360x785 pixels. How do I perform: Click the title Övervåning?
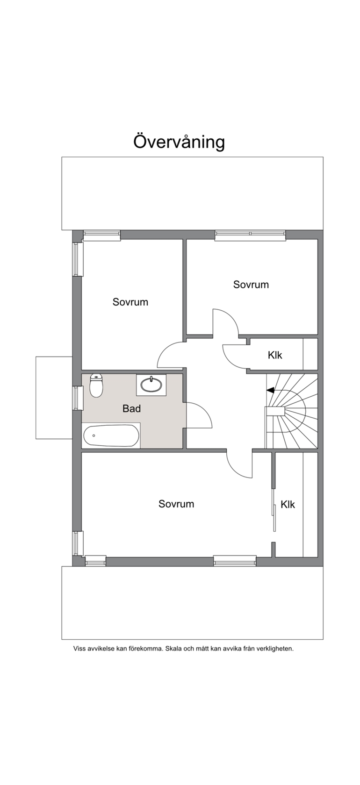click(x=179, y=142)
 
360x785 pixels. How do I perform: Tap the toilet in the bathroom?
click(x=96, y=385)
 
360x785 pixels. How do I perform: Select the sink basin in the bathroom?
click(x=151, y=385)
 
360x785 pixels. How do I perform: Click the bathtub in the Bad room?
click(x=111, y=435)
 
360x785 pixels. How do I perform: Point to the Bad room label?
click(x=132, y=408)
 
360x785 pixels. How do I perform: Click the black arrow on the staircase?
click(x=270, y=390)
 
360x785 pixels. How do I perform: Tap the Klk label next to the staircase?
click(x=275, y=355)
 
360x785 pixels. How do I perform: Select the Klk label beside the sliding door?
click(x=288, y=504)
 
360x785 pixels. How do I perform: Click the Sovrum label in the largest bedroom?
click(x=176, y=504)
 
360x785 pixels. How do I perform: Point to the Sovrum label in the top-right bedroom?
click(x=251, y=285)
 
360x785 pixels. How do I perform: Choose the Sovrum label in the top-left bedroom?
click(x=130, y=302)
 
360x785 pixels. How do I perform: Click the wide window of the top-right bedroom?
click(x=250, y=235)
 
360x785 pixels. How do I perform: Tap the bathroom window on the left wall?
click(x=78, y=398)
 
